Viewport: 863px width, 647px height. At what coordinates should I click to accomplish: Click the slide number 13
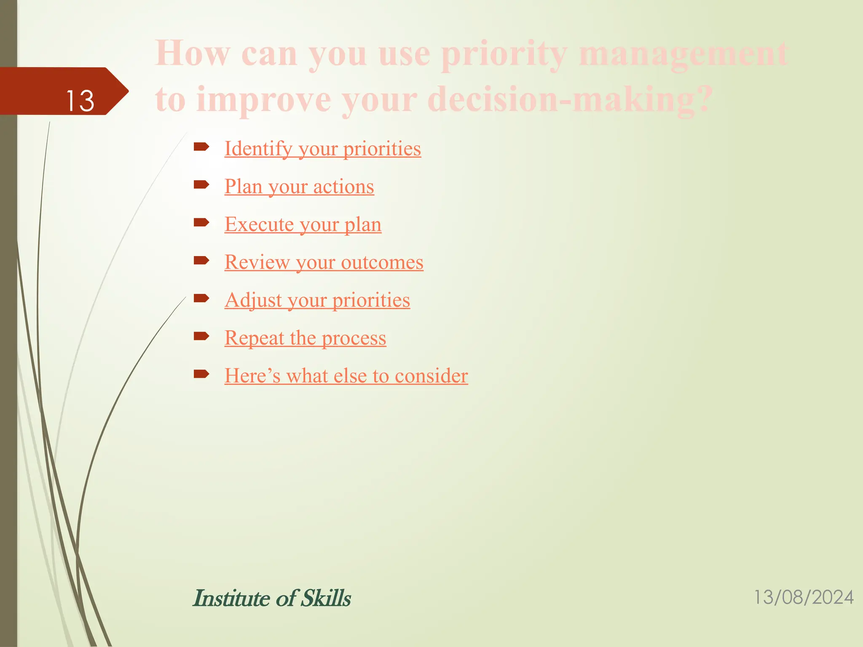80,101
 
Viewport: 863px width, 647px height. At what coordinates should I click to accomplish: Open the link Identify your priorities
322,149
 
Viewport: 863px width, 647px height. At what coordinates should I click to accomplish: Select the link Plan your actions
299,187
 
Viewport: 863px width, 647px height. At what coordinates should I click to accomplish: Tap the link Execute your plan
303,225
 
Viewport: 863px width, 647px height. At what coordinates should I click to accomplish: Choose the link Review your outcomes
324,262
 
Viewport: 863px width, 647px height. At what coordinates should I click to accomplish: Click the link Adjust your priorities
317,300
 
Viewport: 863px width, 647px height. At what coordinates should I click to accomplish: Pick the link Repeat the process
305,338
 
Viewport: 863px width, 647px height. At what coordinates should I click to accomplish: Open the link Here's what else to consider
346,376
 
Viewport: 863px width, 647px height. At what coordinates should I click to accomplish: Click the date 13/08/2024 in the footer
803,598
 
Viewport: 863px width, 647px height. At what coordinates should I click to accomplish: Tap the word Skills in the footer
326,598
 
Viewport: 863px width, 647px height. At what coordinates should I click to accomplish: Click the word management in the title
683,54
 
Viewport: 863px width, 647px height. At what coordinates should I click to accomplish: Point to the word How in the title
193,54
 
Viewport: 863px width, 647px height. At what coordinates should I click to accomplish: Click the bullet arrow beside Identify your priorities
201,147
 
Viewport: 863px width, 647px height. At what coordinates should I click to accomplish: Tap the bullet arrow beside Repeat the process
201,336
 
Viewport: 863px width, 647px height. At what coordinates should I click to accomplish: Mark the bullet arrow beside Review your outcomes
201,260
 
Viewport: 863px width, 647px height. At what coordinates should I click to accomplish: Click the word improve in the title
264,100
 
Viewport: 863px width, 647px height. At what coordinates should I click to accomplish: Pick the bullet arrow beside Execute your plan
201,222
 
